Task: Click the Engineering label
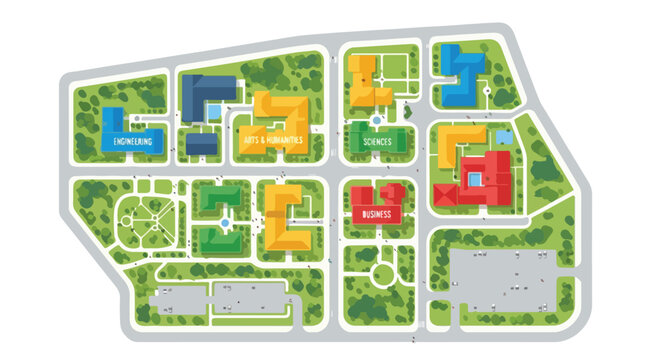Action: [132, 143]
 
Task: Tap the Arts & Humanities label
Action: [272, 141]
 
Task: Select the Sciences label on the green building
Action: [377, 142]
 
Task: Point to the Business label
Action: [376, 214]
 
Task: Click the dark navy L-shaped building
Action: [200, 93]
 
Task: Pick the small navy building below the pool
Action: [203, 145]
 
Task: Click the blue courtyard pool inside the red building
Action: [473, 178]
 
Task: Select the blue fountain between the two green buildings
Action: [226, 220]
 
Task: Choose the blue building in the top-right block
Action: [462, 75]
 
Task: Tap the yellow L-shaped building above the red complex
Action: [458, 145]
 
